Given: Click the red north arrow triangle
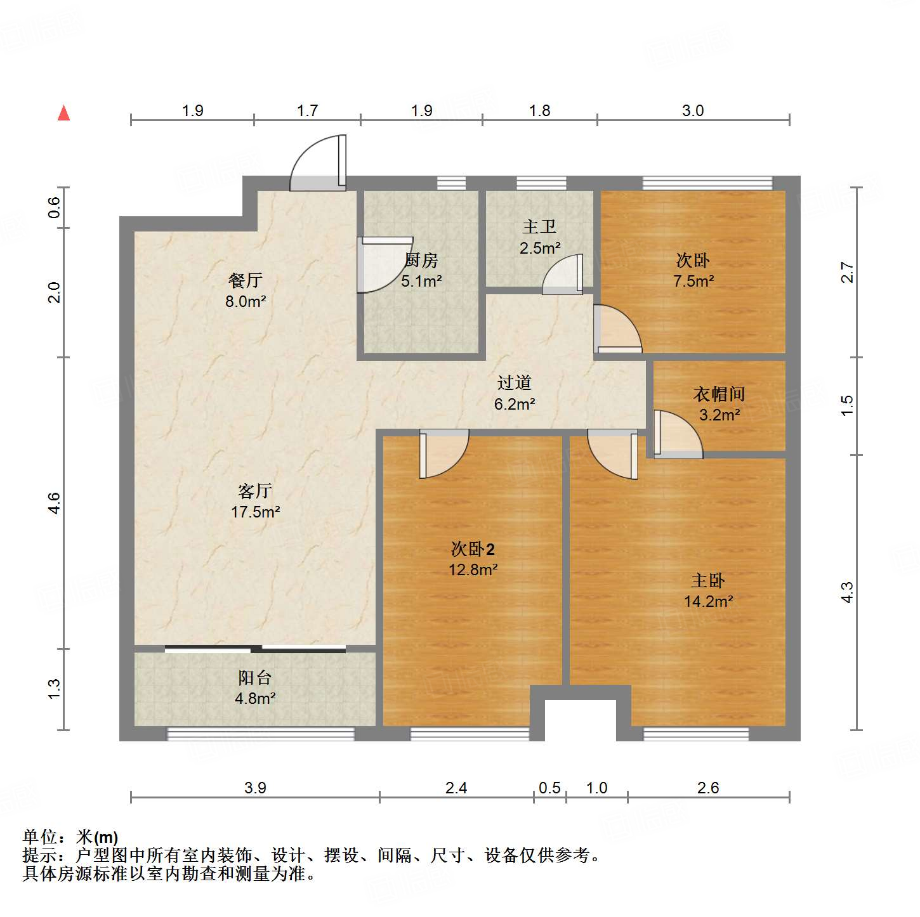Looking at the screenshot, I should click(x=63, y=114).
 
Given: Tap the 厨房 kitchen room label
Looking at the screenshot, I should click(x=421, y=260).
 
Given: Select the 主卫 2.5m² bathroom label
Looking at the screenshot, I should click(x=539, y=237).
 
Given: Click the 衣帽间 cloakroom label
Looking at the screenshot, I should click(x=719, y=394).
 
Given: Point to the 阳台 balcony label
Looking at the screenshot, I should click(x=255, y=678).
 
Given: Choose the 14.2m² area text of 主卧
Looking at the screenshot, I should click(x=709, y=601).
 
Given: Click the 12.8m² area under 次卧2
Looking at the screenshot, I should click(x=473, y=569).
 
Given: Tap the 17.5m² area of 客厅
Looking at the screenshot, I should click(x=256, y=512).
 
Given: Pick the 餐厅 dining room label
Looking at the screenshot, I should click(x=246, y=280).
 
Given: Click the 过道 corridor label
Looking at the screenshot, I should click(x=514, y=382).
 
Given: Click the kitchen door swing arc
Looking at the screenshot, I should click(x=383, y=264).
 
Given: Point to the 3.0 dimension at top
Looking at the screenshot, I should click(x=693, y=110).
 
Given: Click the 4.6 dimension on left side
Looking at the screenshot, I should click(x=55, y=503).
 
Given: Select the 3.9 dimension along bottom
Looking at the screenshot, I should click(x=255, y=788).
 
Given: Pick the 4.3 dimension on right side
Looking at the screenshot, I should click(x=847, y=592).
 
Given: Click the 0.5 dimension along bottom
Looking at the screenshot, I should click(x=549, y=788).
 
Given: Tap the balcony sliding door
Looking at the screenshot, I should click(x=255, y=649).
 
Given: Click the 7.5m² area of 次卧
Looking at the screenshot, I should click(x=693, y=281).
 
